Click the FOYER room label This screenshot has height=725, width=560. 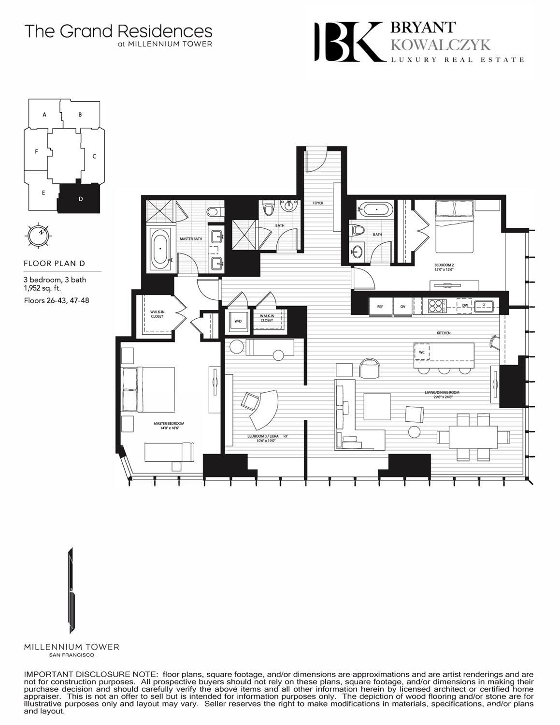click(317, 203)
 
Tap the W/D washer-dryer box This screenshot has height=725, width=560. click(238, 321)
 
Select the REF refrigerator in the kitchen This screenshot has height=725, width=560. click(380, 306)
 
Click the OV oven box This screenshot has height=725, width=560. click(402, 306)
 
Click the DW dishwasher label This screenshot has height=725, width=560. click(465, 306)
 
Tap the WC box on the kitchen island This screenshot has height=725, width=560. click(422, 352)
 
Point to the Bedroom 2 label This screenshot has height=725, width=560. click(445, 267)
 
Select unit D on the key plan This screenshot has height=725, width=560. click(80, 199)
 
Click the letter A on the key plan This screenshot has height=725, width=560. click(44, 115)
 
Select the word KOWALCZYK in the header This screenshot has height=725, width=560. click(440, 45)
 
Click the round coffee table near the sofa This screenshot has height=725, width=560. click(415, 431)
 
